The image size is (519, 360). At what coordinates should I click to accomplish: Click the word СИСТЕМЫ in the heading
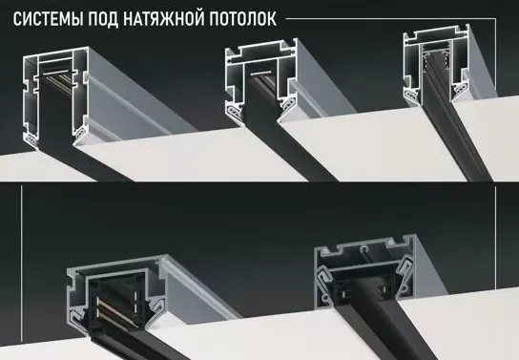point(48,19)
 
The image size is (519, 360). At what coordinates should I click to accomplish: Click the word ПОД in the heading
point(103,19)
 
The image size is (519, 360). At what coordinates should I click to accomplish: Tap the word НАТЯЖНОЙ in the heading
point(163,18)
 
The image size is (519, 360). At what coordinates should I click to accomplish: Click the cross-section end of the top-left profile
point(55,96)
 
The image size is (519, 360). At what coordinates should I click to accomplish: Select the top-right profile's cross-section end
point(436,65)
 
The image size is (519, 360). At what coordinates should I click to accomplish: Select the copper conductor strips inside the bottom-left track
point(113,311)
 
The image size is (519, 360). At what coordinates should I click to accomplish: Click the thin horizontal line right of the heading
point(390,19)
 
